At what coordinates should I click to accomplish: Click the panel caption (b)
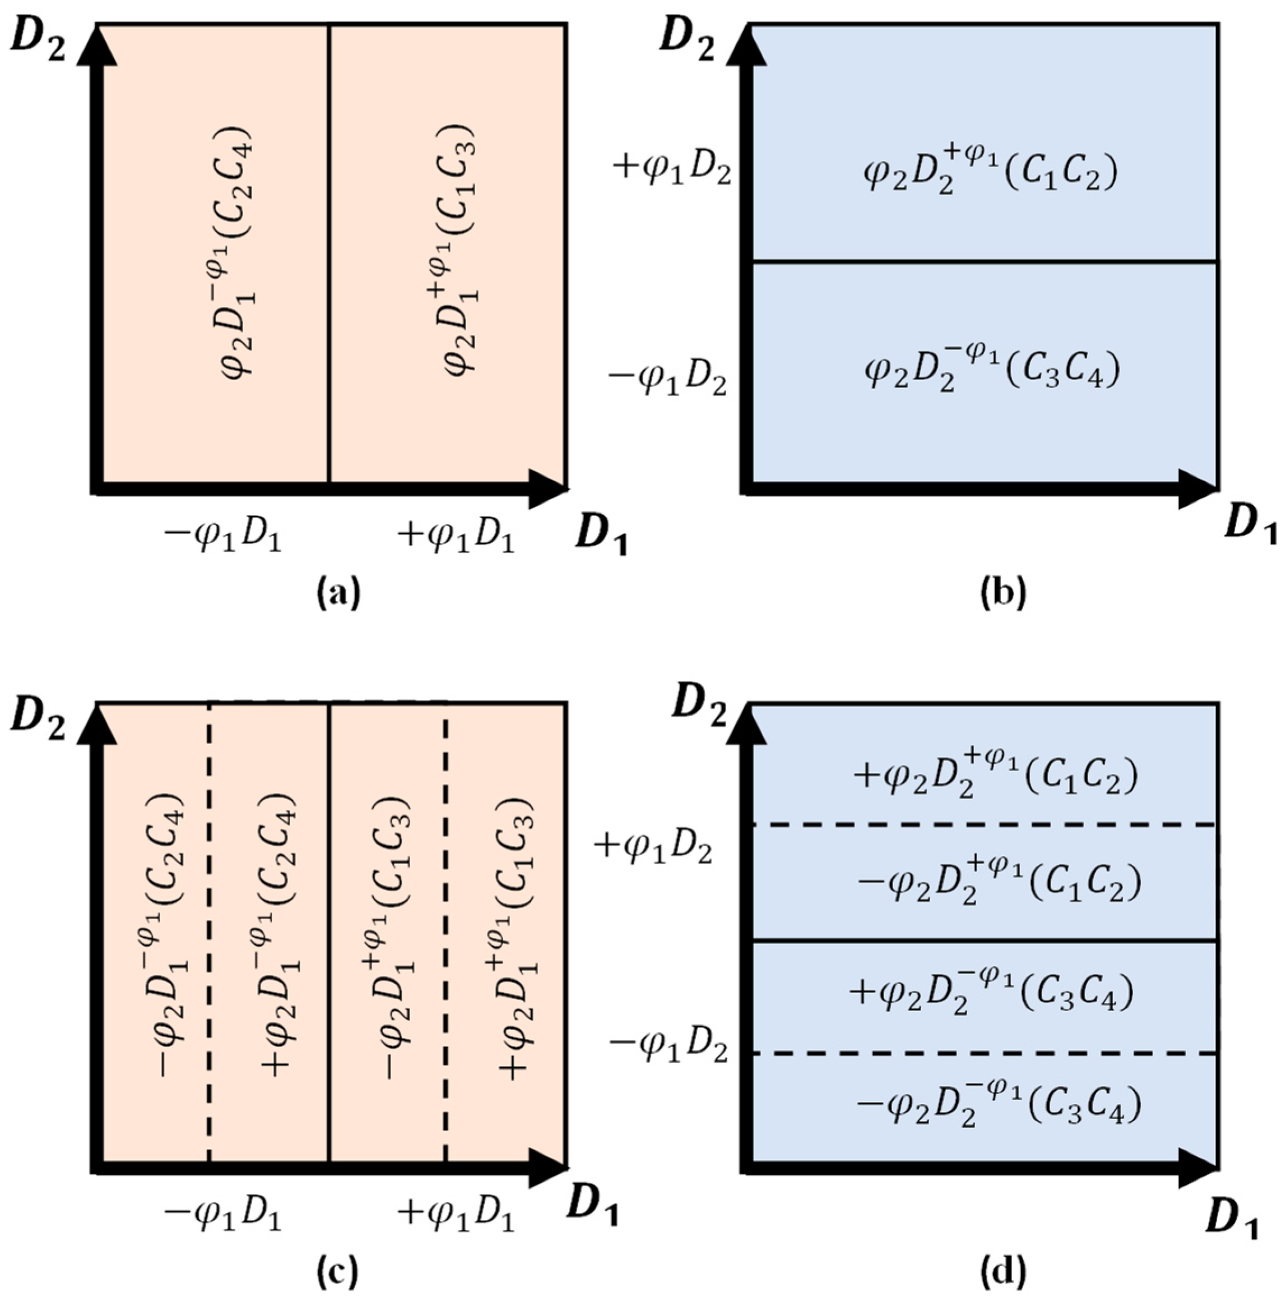point(1002,593)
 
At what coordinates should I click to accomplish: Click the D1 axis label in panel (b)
point(1251,523)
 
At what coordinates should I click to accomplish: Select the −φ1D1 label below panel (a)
point(223,538)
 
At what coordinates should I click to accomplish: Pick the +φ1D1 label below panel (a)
point(456,538)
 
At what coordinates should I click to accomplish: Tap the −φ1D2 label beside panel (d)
point(668,1050)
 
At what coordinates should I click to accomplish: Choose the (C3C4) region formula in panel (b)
point(992,370)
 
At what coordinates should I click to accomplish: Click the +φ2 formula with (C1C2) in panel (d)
point(996,777)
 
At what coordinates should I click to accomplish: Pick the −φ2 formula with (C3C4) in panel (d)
point(999,1106)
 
